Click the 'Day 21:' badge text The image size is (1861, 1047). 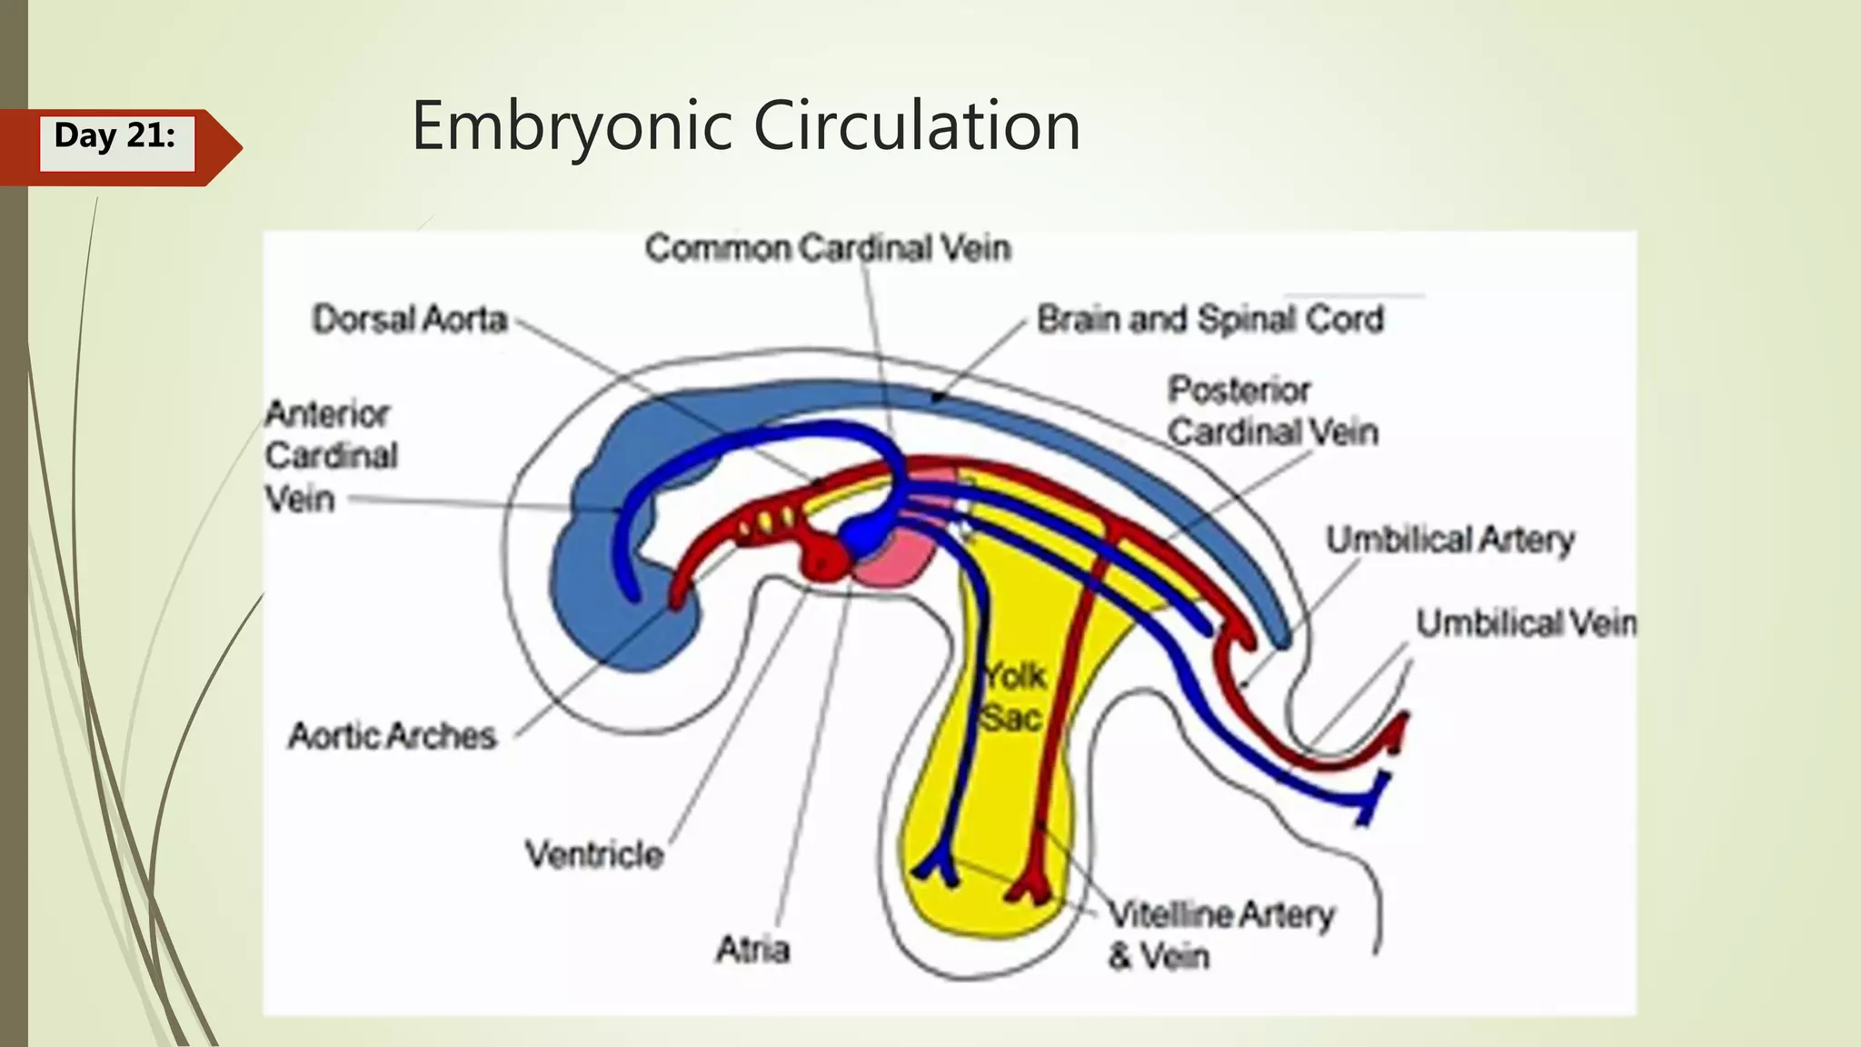pos(114,136)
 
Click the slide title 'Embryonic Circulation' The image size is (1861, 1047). pos(745,125)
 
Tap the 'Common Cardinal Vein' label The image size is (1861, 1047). pos(827,248)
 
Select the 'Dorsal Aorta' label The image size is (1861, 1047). pos(409,320)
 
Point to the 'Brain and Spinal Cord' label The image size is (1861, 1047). pos(1209,320)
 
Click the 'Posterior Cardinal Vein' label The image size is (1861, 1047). pos(1271,411)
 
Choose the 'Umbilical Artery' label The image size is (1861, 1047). pos(1449,540)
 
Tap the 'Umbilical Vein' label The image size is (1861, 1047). pos(1525,623)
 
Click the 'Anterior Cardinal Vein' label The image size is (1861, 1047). pos(331,456)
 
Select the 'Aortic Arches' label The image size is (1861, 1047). pos(392,735)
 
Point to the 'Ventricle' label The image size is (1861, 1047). pos(594,855)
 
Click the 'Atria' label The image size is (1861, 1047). pos(752,950)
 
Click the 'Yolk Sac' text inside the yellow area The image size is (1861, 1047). pos(1012,697)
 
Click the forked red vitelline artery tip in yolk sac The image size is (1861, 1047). pos(1030,886)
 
